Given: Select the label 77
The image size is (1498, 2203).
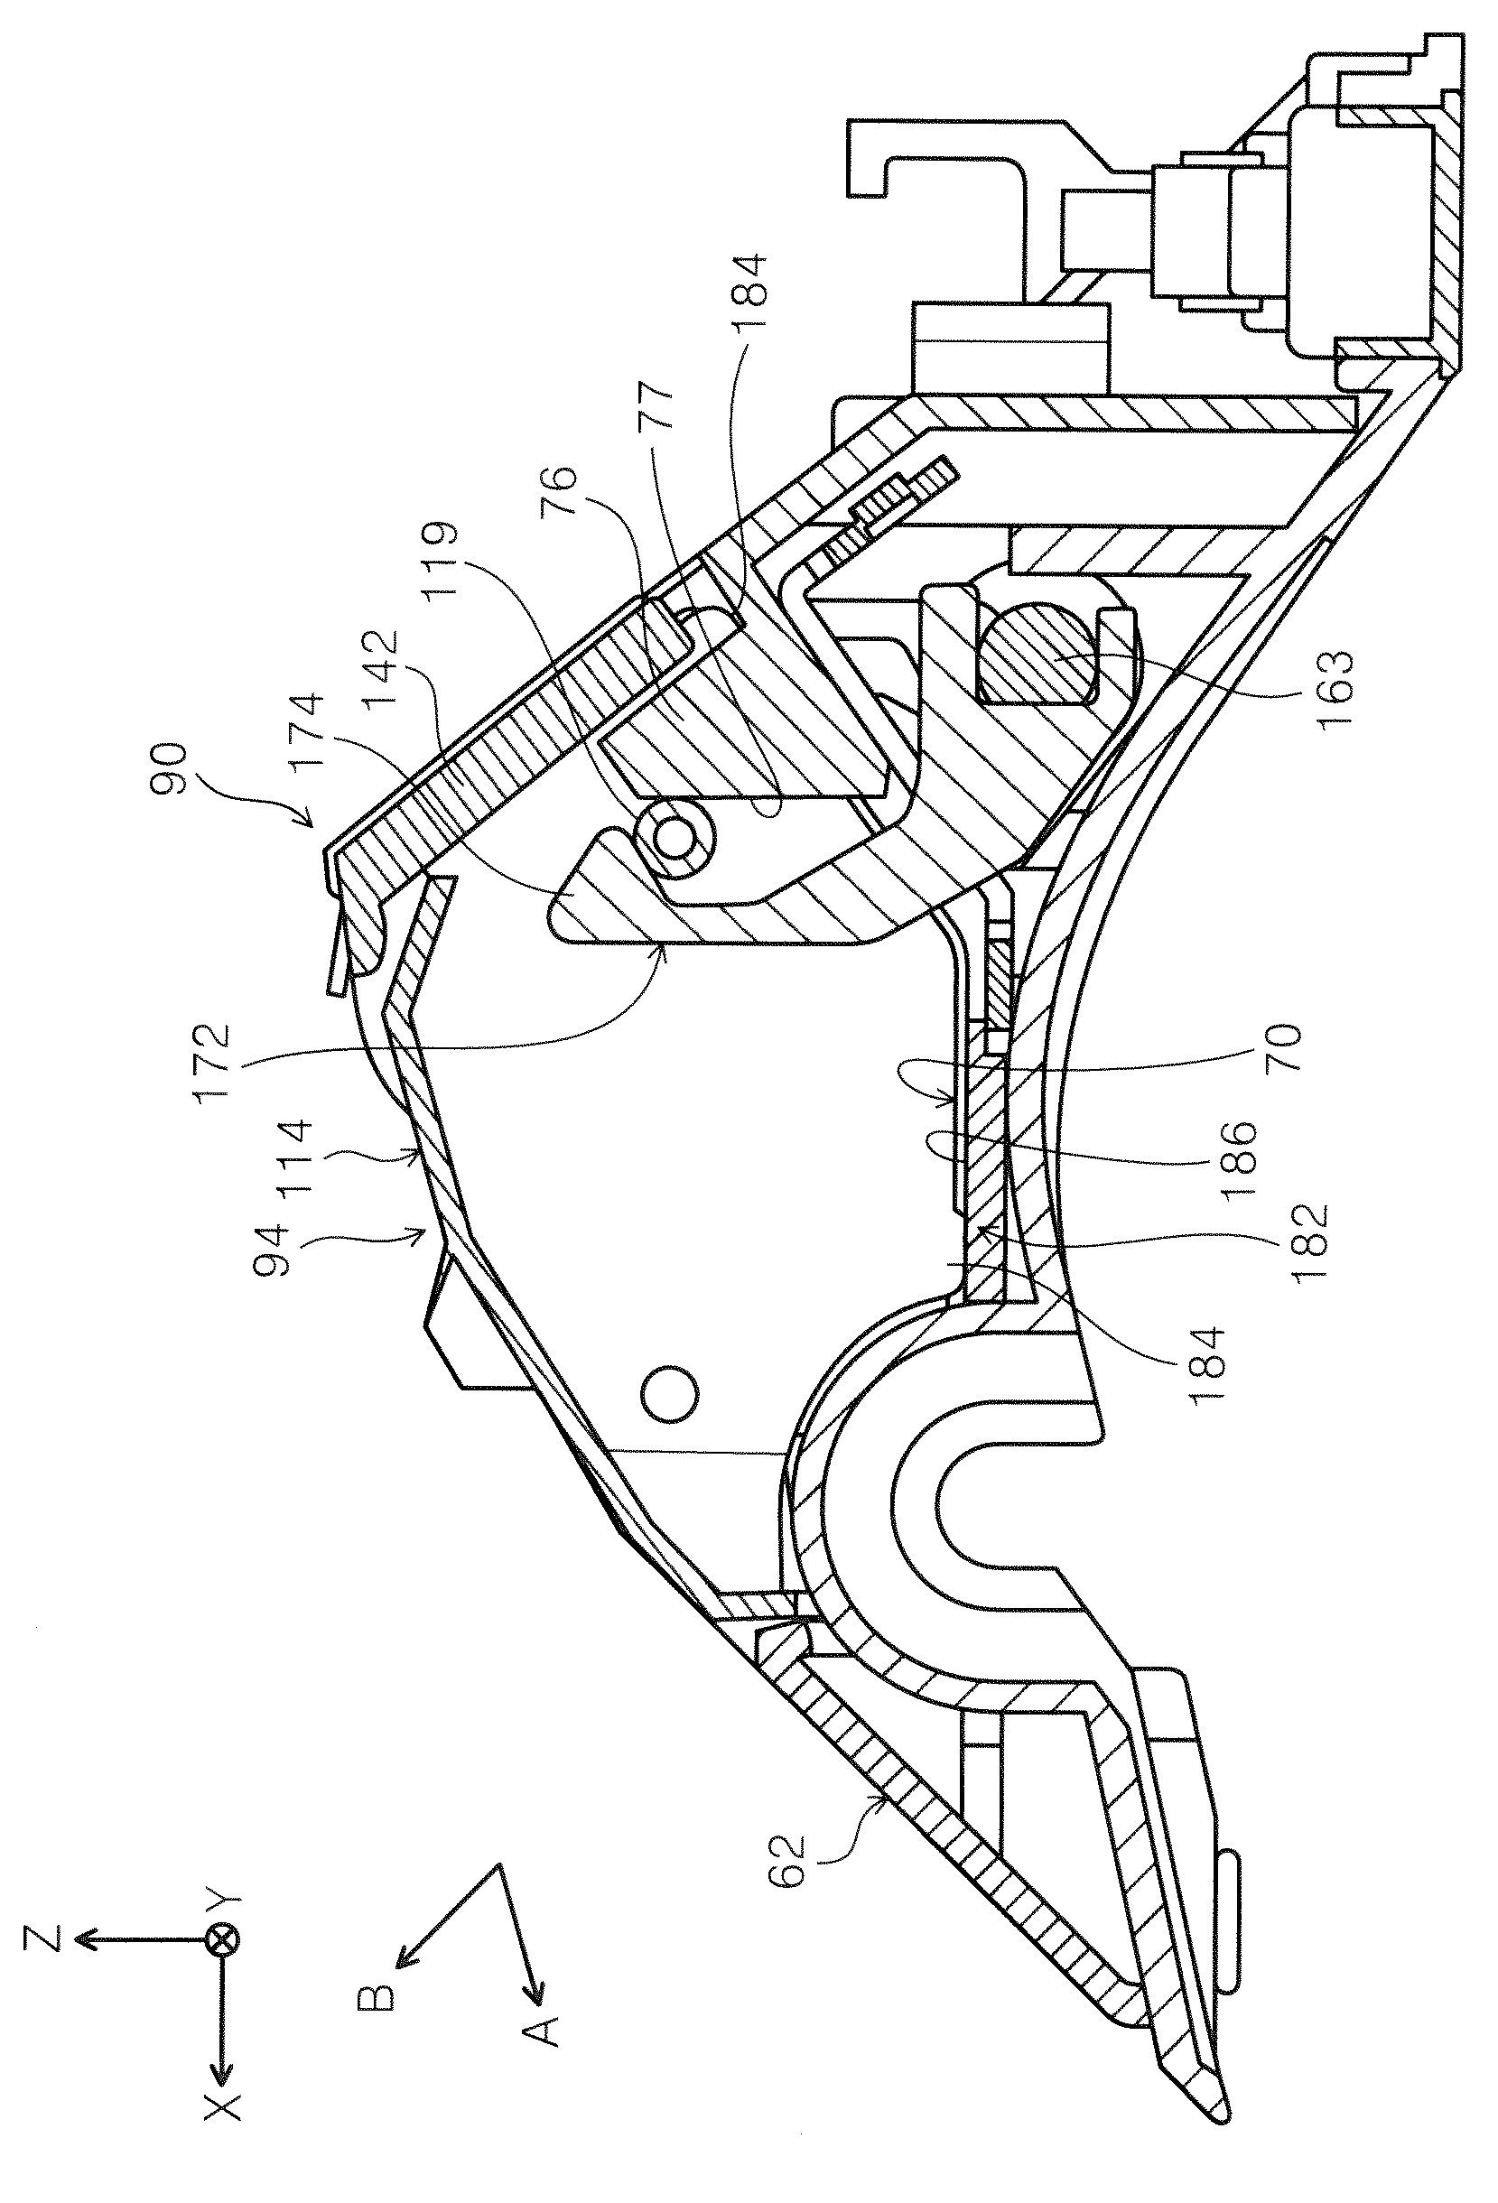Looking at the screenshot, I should click(x=657, y=406).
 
